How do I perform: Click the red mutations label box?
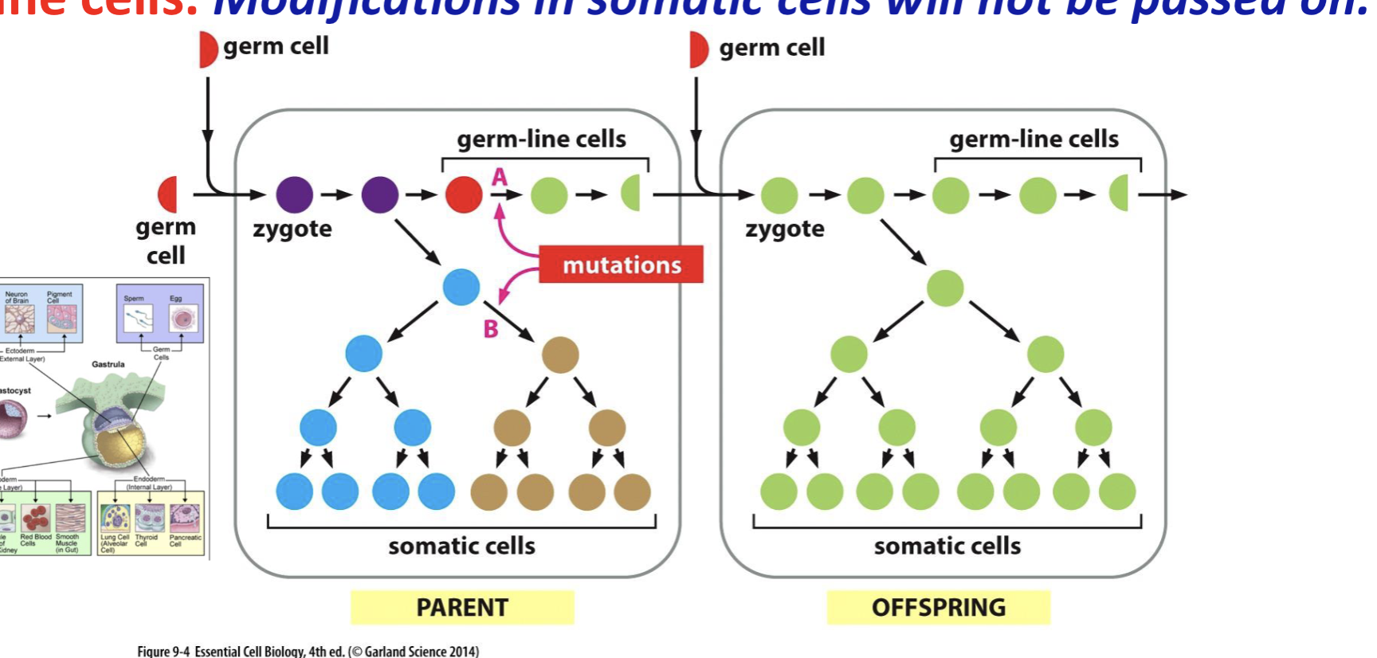click(x=621, y=264)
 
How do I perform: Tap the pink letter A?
click(x=500, y=176)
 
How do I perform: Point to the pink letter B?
click(x=491, y=328)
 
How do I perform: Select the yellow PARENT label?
click(x=461, y=607)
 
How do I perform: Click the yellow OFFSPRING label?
click(x=938, y=607)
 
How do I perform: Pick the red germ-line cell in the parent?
click(x=464, y=194)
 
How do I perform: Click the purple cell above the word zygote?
click(x=295, y=194)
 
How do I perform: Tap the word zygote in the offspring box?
click(x=784, y=229)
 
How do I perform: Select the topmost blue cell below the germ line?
click(x=461, y=287)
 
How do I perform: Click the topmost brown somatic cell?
click(x=560, y=354)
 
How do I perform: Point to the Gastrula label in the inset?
click(x=108, y=364)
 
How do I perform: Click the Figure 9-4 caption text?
click(x=308, y=651)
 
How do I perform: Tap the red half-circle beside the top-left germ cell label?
click(x=207, y=49)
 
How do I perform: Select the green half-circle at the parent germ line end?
click(x=631, y=194)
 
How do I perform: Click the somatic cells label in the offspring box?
click(x=947, y=546)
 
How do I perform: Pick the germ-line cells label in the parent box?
click(x=541, y=139)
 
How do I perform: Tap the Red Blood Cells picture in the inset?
click(x=35, y=519)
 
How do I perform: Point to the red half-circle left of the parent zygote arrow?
click(x=168, y=194)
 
